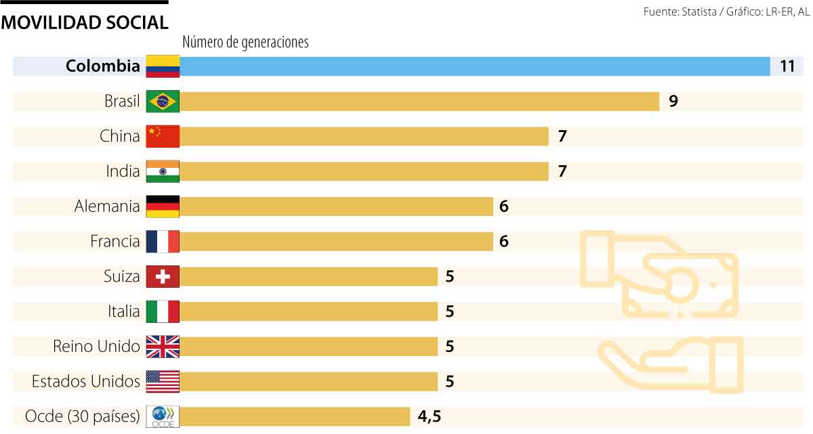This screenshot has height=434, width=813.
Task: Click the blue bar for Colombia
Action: [474, 66]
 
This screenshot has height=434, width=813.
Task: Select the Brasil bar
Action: [419, 102]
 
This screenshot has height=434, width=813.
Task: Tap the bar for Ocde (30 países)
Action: [295, 416]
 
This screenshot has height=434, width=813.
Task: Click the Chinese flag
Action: [163, 136]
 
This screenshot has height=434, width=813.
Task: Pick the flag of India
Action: [163, 171]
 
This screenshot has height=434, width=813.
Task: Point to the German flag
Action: [163, 207]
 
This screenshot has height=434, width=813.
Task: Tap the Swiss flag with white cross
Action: [163, 276]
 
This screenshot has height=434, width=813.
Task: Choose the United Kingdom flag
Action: [163, 347]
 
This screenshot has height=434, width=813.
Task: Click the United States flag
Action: [163, 382]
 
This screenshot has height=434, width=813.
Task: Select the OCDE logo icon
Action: [163, 416]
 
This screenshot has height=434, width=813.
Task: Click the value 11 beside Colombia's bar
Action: [787, 66]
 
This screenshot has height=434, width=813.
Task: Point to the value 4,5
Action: [430, 416]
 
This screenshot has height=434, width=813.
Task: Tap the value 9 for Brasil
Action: [673, 102]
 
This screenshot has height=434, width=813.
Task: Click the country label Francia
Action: [115, 241]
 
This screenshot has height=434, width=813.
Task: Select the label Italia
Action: [123, 311]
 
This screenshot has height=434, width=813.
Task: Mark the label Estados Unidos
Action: [86, 382]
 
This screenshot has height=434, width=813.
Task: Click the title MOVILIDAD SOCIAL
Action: [85, 22]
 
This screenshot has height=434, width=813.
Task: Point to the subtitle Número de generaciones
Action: [245, 42]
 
